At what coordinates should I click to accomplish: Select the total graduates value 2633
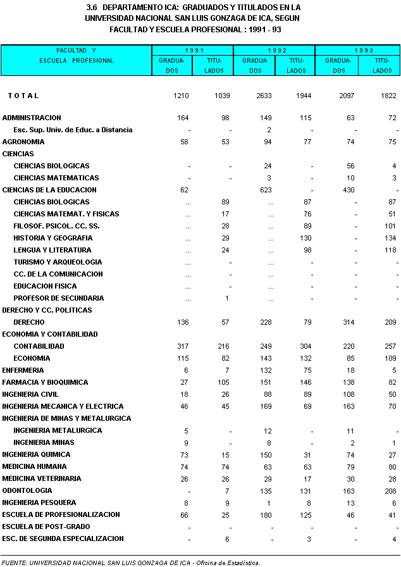262,96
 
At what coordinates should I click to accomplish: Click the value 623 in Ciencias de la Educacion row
266,190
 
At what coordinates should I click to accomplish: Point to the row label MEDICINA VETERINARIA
42,478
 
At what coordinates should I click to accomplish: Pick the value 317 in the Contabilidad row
183,346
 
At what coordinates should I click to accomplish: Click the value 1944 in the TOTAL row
305,96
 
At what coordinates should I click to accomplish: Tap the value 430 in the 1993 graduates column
349,190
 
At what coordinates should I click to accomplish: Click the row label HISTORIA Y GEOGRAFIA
53,238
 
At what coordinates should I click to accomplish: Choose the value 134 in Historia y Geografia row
390,238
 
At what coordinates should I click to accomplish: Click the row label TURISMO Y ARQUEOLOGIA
58,262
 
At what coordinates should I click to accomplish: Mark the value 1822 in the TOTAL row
388,96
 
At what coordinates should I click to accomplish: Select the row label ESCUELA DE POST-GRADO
46,526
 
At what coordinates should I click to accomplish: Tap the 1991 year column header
193,50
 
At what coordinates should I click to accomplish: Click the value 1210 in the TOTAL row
182,96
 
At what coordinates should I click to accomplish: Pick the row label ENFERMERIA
23,370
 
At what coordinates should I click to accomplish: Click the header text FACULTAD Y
76,50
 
